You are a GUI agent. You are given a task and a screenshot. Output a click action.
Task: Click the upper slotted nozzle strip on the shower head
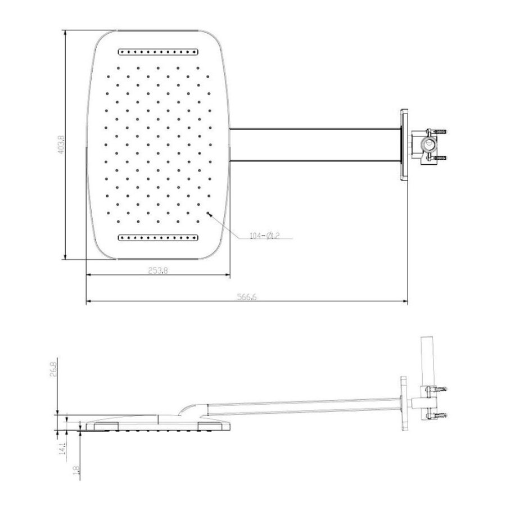tap(158, 52)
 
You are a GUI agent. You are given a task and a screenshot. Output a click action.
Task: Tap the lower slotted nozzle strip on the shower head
tap(158, 237)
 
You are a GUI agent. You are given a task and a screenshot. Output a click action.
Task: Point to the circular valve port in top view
tap(428, 145)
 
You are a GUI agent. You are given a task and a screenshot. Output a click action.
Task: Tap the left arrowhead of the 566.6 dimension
tap(88, 302)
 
